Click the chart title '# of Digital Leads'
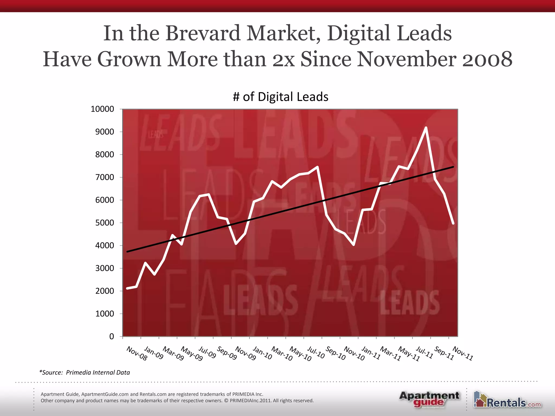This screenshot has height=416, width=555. click(280, 97)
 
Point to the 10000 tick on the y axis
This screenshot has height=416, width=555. click(102, 109)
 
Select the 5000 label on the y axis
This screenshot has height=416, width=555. click(104, 223)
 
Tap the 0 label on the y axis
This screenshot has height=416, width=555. click(111, 336)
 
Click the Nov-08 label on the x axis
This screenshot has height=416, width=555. click(137, 353)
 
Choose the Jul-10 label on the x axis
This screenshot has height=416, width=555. click(316, 352)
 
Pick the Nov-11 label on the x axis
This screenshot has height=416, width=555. click(463, 353)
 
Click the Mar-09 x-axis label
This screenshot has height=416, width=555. click(173, 353)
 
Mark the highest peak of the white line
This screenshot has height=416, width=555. click(426, 127)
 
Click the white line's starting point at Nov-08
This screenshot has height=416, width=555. click(127, 288)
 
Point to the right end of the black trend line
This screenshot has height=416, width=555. click(453, 167)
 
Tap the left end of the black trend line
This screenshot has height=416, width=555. click(127, 252)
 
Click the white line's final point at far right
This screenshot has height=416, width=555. click(453, 223)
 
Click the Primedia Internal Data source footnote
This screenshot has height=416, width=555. click(85, 372)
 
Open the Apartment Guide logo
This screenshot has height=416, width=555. click(429, 399)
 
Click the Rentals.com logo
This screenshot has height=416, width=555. click(507, 400)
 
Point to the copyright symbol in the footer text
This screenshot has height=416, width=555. click(226, 401)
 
